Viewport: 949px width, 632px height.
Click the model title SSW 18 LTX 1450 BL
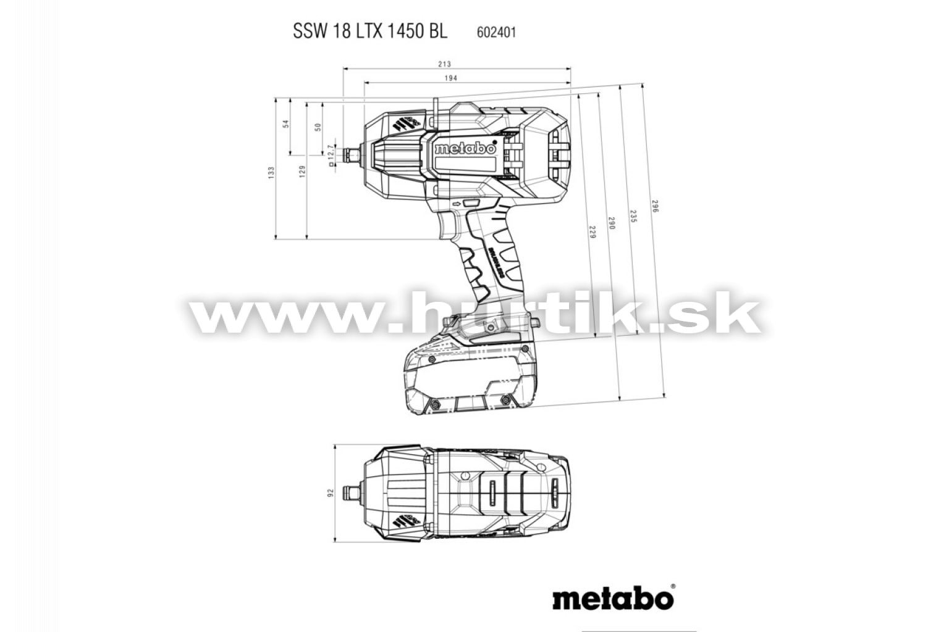[x=370, y=31]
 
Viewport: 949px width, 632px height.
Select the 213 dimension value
[x=444, y=64]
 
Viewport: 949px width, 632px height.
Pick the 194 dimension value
[x=451, y=78]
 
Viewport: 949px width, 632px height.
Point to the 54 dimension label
[x=286, y=123]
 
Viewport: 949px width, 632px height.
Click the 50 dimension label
[x=318, y=127]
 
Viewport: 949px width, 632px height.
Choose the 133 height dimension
[x=271, y=172]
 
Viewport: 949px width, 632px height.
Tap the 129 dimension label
[x=302, y=171]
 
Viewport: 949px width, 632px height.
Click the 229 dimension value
[x=593, y=232]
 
